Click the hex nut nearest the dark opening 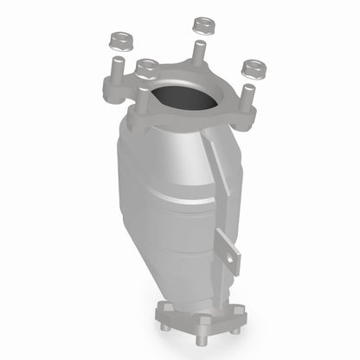click(x=146, y=66)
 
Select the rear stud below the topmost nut click(x=199, y=52)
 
